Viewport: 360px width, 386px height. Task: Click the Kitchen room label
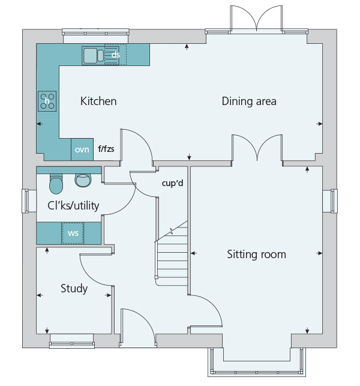[x=98, y=101]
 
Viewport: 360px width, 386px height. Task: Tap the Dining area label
[x=249, y=101]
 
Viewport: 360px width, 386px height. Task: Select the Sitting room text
[x=256, y=255]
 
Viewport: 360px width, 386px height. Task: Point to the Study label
[x=74, y=289]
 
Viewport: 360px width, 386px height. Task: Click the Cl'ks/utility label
[x=73, y=205]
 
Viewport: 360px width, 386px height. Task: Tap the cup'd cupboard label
[x=172, y=183]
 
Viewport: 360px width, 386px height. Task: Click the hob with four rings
[x=47, y=101]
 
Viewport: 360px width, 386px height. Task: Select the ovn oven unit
[x=82, y=149]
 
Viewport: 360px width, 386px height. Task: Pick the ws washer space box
[x=73, y=233]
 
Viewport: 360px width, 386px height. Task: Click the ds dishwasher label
[x=116, y=55]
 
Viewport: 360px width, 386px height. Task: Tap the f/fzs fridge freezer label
[x=106, y=149]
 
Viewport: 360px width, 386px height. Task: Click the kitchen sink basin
[x=91, y=56]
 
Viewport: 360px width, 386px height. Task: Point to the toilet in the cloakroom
[x=56, y=184]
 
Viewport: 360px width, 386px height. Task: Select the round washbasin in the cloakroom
[x=83, y=180]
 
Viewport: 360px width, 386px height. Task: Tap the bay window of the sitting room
[x=257, y=362]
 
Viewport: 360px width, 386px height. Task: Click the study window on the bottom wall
[x=72, y=341]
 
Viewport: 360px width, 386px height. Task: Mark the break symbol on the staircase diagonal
[x=172, y=231]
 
